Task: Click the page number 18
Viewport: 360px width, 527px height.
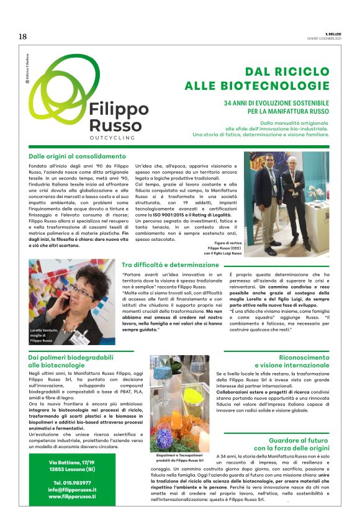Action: (22, 37)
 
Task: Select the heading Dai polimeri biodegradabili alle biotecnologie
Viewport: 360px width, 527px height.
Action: (70, 361)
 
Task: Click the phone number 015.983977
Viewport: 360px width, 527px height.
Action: (73, 482)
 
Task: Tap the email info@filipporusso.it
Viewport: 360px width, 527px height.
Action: (73, 489)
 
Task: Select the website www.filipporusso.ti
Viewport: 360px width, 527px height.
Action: (73, 497)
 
